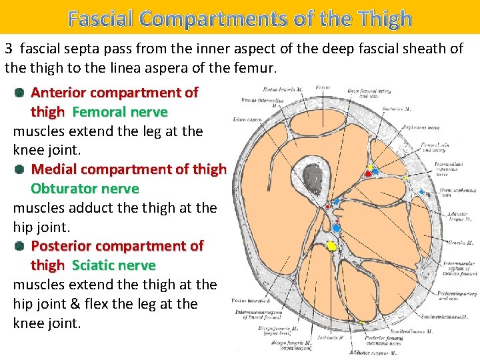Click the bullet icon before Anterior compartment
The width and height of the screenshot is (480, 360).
point(19,93)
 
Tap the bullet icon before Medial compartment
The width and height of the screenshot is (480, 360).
point(19,169)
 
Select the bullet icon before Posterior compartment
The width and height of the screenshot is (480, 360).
point(19,246)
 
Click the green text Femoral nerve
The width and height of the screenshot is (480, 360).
point(119,112)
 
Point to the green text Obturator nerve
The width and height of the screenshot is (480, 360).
point(85,189)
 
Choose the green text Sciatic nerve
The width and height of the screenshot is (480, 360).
point(113,265)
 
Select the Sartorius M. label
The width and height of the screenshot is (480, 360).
point(416,109)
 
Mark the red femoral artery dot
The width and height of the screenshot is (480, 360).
point(367,173)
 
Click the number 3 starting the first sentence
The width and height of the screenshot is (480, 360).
point(9,49)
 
